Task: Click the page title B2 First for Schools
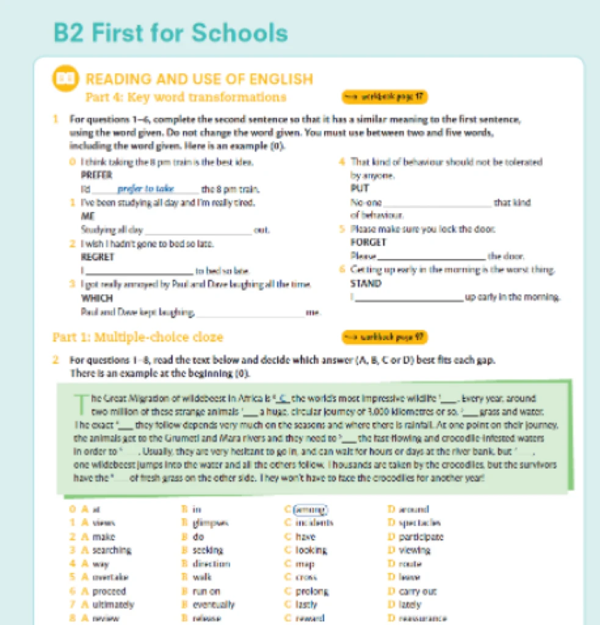(x=171, y=32)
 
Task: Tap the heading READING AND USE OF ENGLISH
(x=200, y=79)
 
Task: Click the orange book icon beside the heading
(x=66, y=79)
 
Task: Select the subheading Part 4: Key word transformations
(x=186, y=97)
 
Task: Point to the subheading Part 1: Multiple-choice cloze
(x=138, y=337)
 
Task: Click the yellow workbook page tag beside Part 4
(x=384, y=97)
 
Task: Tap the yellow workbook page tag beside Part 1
(x=385, y=337)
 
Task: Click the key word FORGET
(x=365, y=243)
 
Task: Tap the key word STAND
(x=365, y=283)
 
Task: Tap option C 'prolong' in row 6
(x=311, y=591)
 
